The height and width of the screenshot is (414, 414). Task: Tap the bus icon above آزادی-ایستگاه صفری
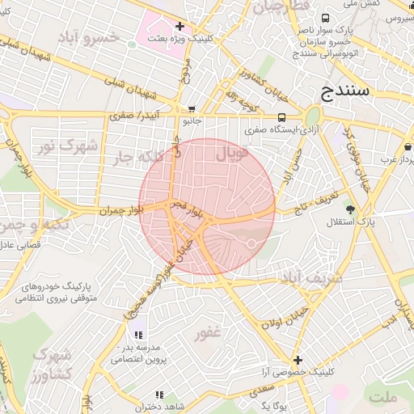click(281, 116)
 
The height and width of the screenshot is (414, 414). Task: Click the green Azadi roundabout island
click(313, 116)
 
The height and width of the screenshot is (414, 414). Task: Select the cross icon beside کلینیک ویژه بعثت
click(180, 27)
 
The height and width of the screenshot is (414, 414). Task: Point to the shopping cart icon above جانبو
click(191, 108)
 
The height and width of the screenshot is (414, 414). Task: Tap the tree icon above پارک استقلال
click(349, 209)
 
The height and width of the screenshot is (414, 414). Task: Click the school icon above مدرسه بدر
click(138, 334)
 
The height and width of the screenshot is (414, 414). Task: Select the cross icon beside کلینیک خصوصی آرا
click(298, 359)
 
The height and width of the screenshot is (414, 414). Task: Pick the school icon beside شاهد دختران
click(160, 394)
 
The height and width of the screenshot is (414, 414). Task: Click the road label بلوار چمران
click(121, 209)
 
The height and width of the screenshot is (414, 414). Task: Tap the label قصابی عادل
click(22, 243)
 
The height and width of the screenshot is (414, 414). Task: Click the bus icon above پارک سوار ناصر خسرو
click(325, 19)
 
